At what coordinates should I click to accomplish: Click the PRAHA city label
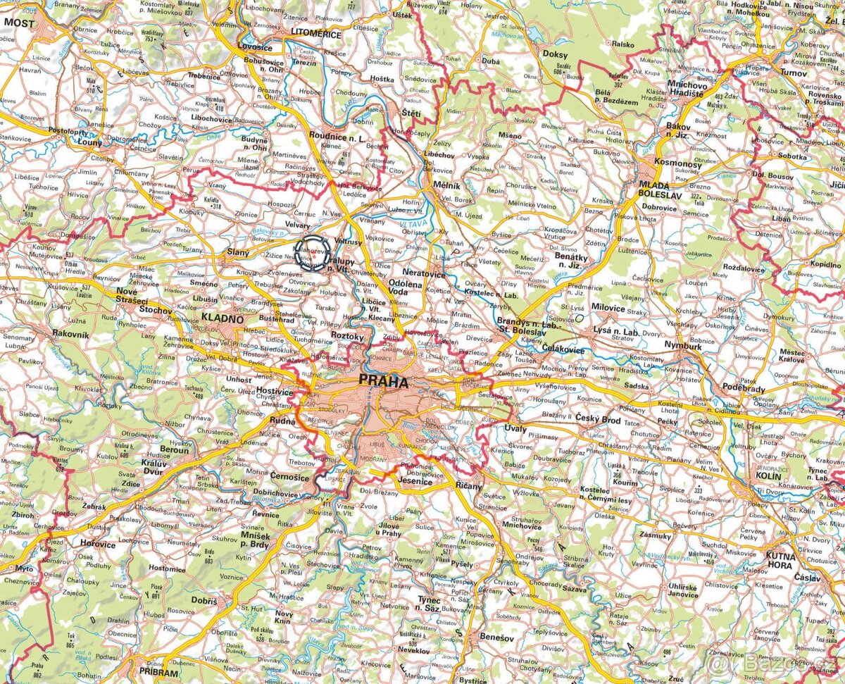pos(383,383)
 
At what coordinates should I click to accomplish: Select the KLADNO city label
pos(222,318)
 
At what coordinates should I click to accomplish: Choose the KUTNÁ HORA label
pos(780,561)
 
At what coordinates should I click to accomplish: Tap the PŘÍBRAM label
pos(158,673)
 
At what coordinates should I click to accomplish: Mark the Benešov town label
pos(496,637)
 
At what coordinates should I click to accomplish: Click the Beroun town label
pos(175,449)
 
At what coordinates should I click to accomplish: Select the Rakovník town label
pos(70,335)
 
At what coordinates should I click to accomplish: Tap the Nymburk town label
pos(683,347)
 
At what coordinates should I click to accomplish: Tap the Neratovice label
pos(425,271)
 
